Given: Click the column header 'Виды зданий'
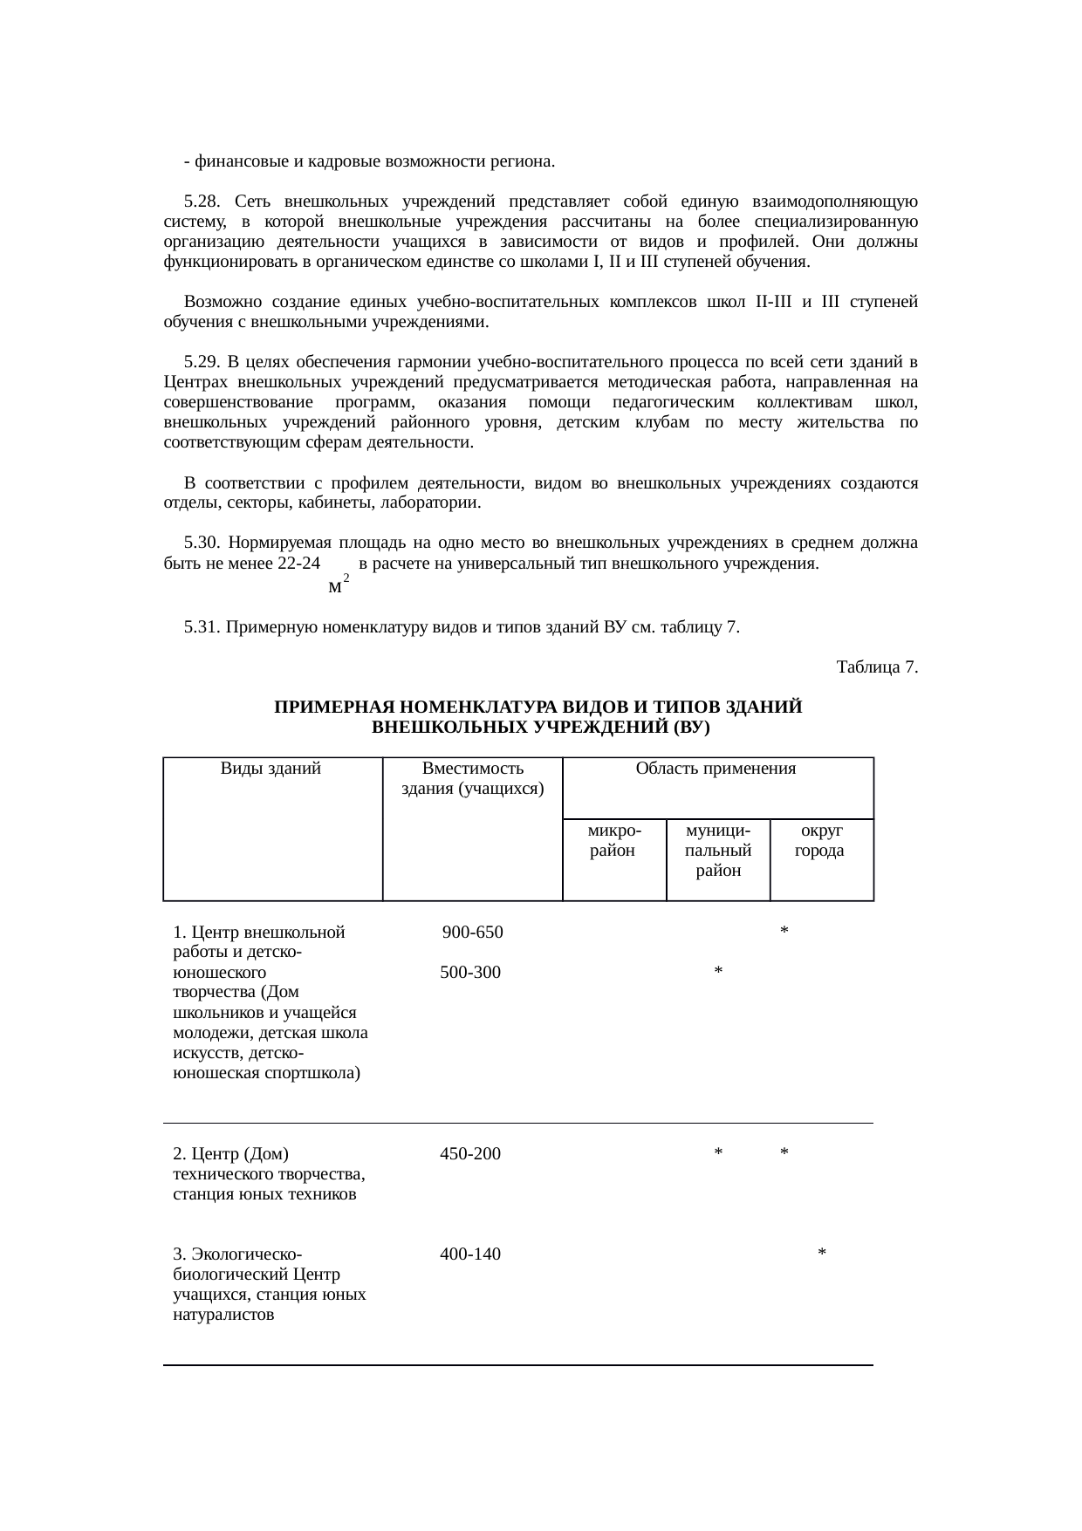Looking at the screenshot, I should click(270, 769).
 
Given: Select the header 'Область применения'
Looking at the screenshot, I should click(716, 769).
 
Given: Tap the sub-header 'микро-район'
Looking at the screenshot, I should click(614, 840).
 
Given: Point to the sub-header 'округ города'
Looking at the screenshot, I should click(820, 840).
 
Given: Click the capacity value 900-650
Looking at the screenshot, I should click(472, 932).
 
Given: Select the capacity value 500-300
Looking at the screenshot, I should click(470, 973).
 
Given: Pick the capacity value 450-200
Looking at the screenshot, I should click(470, 1154).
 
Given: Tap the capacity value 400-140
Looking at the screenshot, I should click(470, 1254).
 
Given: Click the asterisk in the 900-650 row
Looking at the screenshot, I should click(784, 933).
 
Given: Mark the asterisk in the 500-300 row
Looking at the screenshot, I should click(717, 973).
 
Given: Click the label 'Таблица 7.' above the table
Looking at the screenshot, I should click(876, 667).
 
